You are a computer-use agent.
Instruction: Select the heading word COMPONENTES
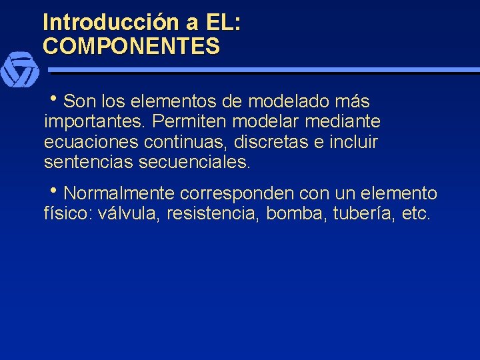pos(131,46)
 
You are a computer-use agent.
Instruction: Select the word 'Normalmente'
pos(119,194)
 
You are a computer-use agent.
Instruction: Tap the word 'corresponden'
pos(237,194)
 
